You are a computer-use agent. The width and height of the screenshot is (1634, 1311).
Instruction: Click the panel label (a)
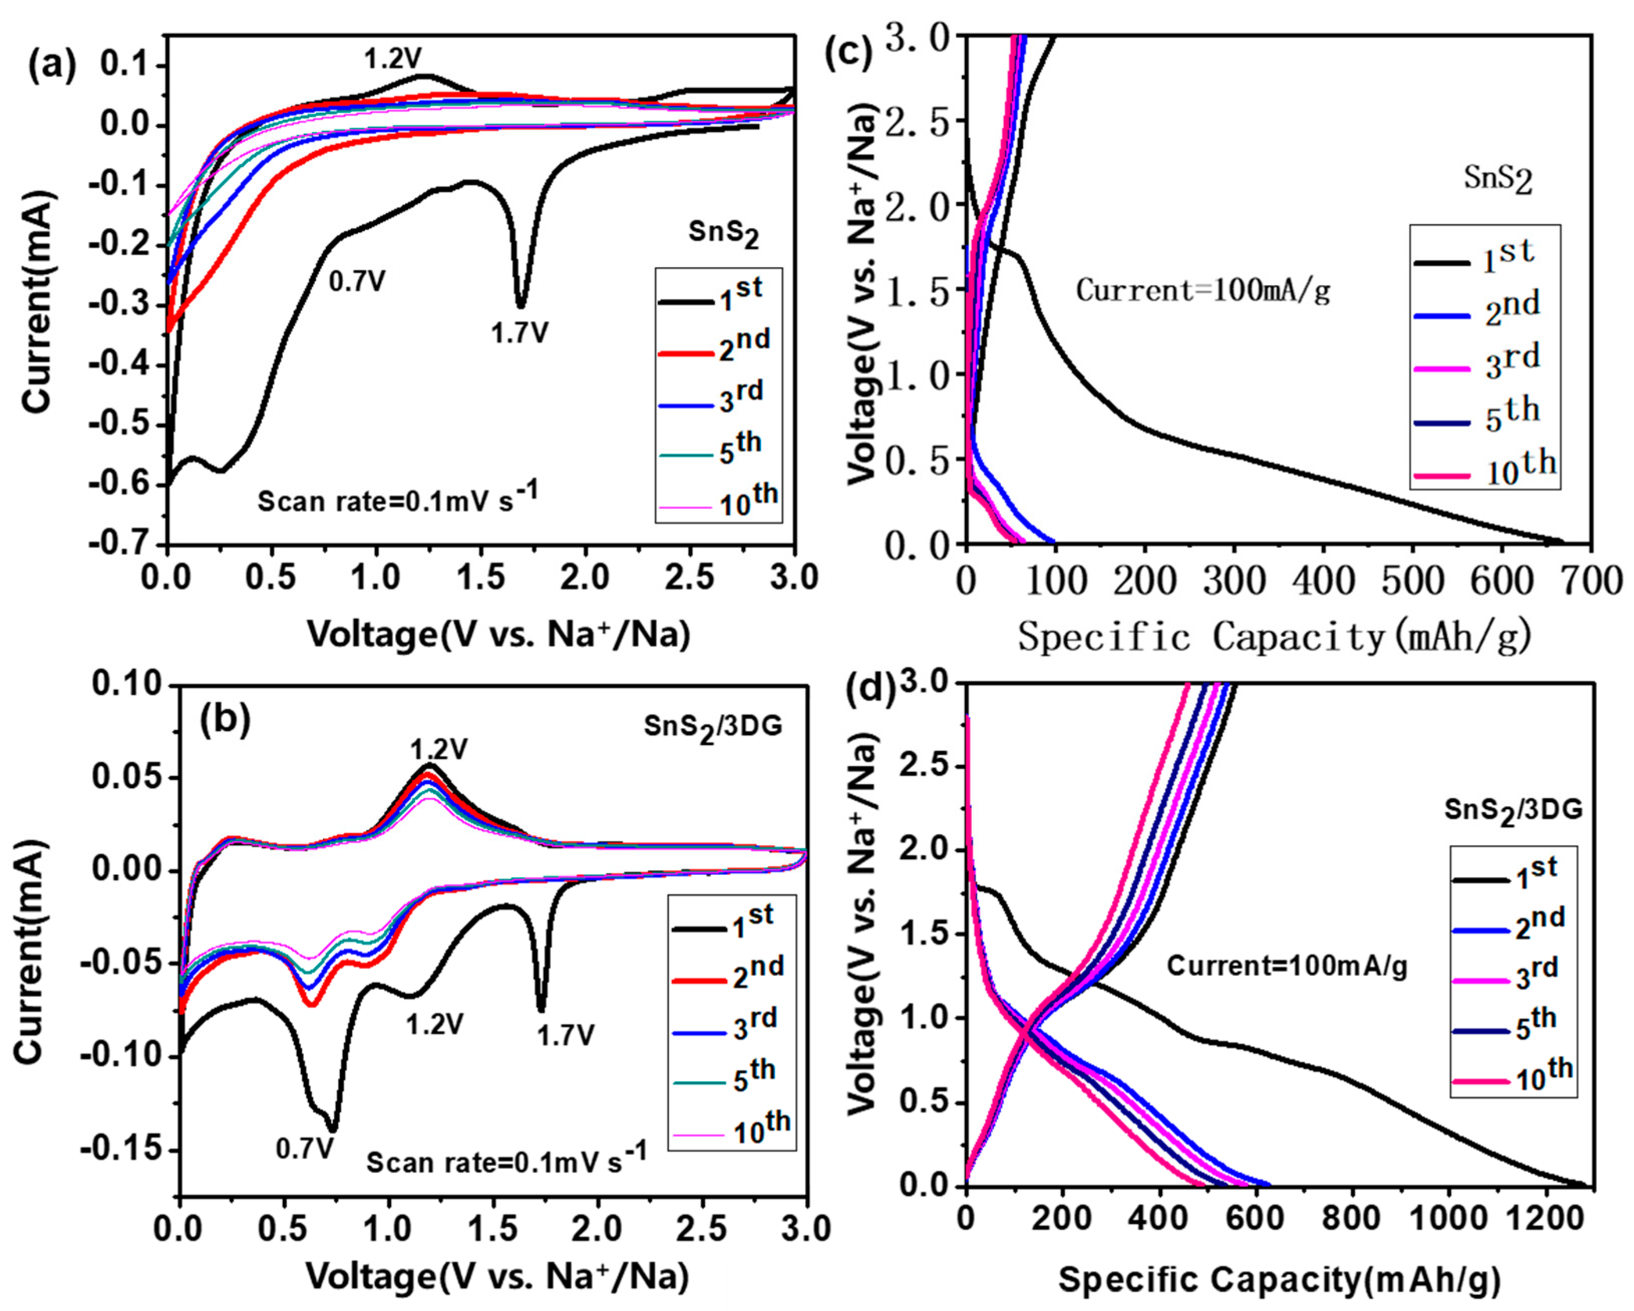point(52,67)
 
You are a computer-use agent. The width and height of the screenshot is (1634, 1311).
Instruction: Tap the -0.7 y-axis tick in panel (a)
point(123,543)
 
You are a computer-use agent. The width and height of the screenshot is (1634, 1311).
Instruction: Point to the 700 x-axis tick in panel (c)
point(1590,581)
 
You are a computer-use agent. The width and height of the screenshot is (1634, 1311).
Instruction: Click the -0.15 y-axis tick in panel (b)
point(121,1150)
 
